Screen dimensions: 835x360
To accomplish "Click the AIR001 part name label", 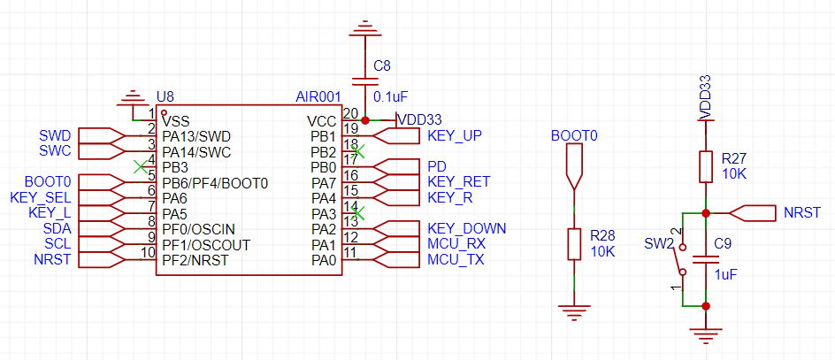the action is click(x=318, y=98).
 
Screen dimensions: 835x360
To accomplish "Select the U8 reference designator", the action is click(x=165, y=97).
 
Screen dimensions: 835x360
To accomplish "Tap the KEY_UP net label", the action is click(x=455, y=136).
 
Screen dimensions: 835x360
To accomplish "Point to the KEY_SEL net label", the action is click(x=41, y=198).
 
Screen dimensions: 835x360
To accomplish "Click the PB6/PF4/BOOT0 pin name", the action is click(x=215, y=183).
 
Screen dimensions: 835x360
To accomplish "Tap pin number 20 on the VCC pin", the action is click(x=350, y=113).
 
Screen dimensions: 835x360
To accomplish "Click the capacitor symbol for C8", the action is click(x=364, y=81).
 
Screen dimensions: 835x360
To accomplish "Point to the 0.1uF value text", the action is click(x=391, y=97).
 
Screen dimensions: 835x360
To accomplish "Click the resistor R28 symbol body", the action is click(x=573, y=244).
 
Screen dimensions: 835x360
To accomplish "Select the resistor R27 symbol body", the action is click(x=706, y=166).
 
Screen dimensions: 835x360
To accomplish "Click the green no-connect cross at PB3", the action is click(x=140, y=166).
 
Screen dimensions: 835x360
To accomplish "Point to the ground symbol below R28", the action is click(x=573, y=311).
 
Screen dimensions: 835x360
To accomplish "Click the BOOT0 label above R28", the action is click(x=574, y=136).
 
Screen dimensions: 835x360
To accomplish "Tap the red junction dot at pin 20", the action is click(x=364, y=120).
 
